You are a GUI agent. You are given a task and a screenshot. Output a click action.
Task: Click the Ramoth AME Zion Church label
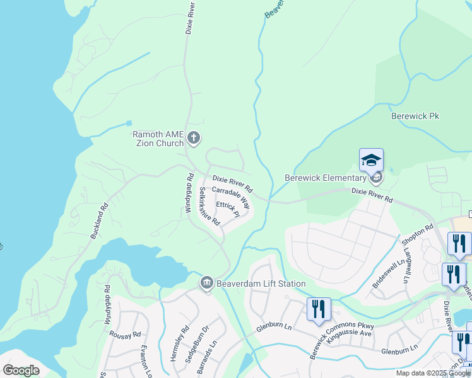(158, 139)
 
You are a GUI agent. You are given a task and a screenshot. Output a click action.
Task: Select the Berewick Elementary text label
(325, 178)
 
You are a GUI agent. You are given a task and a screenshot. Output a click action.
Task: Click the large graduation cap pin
(371, 160)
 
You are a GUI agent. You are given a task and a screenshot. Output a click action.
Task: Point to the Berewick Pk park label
(415, 117)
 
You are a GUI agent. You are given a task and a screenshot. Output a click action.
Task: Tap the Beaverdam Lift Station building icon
(206, 283)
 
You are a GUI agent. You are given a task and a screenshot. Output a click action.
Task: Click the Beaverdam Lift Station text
(261, 284)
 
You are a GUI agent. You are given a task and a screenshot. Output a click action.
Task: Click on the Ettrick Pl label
(228, 209)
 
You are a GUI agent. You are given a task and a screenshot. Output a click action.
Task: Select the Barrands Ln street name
(213, 353)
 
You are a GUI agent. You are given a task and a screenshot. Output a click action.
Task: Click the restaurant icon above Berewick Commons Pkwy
(319, 308)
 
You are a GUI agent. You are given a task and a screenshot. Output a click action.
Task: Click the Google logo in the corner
(21, 370)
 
